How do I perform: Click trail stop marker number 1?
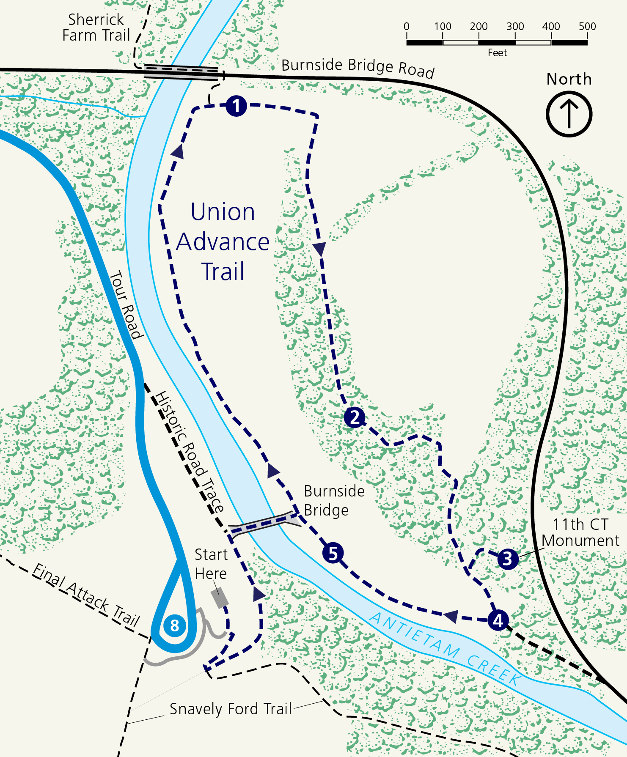(x=236, y=106)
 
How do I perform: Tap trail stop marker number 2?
(x=355, y=417)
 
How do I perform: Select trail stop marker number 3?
(x=508, y=559)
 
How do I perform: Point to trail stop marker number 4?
(x=498, y=620)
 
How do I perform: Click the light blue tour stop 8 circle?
(x=174, y=625)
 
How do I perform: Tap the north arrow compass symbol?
(x=569, y=115)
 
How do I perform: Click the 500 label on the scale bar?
(x=587, y=26)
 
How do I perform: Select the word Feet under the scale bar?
(x=497, y=53)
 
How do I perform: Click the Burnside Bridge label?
(x=334, y=500)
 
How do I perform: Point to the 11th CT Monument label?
(x=580, y=532)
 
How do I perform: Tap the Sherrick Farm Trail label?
(x=96, y=27)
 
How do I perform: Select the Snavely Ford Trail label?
(x=231, y=709)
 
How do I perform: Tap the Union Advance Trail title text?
(x=223, y=241)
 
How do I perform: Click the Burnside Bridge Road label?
(x=357, y=67)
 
